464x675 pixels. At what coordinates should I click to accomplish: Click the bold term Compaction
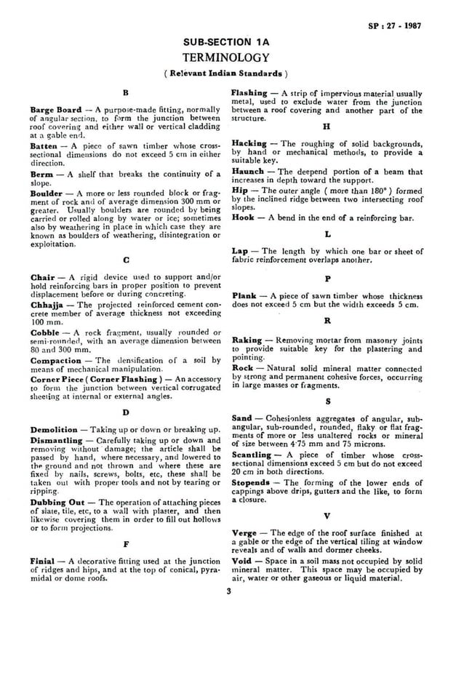[56, 361]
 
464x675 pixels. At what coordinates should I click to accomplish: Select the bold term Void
[243, 562]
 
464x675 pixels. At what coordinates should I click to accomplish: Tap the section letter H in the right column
[327, 126]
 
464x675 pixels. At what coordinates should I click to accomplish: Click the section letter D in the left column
[126, 411]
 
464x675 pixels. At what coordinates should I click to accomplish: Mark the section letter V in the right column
[327, 517]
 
